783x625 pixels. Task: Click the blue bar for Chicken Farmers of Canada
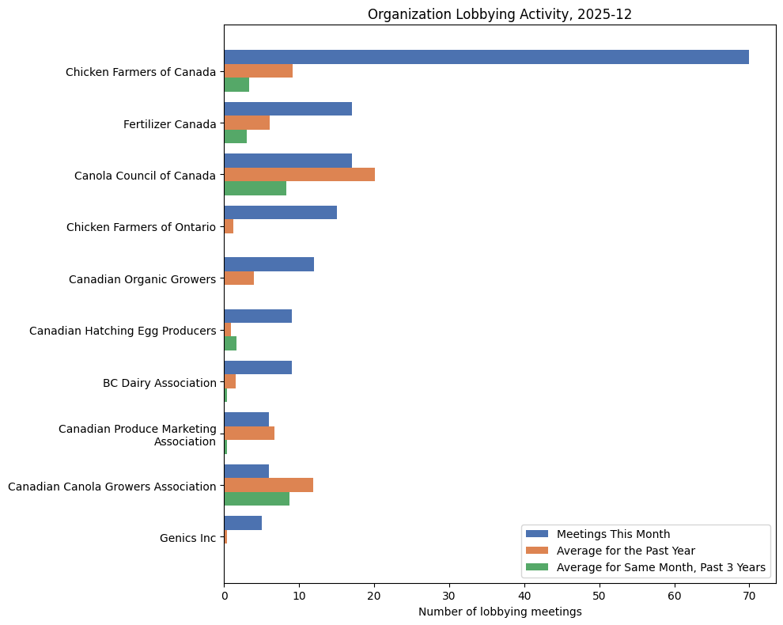486,57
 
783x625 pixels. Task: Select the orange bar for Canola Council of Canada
299,174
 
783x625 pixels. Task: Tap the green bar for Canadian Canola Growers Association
256,499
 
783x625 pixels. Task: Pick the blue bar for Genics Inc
243,523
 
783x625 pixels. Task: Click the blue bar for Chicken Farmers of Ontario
280,212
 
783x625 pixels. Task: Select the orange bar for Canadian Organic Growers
239,278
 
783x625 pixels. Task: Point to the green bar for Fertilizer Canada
235,137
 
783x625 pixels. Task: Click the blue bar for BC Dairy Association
258,368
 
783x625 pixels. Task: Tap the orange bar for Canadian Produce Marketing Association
249,434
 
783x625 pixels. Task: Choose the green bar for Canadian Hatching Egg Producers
230,343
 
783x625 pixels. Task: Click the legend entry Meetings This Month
613,533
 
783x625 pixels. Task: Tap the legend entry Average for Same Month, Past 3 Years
660,566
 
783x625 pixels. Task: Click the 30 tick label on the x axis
449,596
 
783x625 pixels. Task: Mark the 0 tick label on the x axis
224,596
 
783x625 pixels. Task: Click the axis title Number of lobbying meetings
500,612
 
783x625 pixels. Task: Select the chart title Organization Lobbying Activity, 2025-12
500,14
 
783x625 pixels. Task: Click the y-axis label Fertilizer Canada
169,124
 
